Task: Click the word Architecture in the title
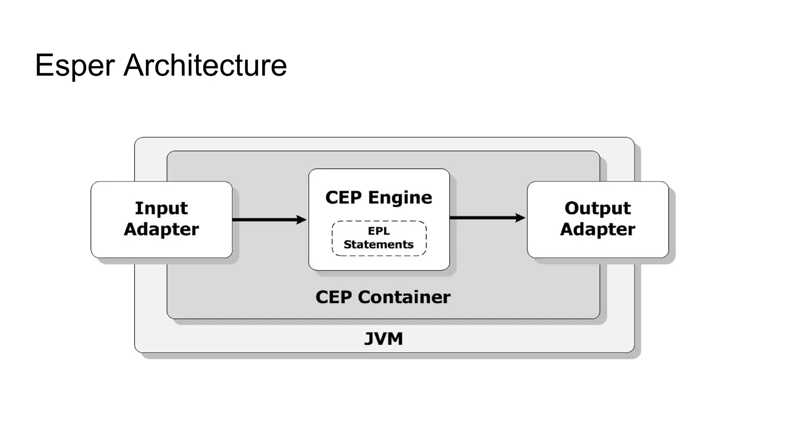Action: point(205,65)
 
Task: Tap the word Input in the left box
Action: point(161,208)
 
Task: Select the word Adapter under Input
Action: point(161,229)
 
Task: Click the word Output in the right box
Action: point(597,208)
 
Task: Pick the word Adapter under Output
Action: point(597,229)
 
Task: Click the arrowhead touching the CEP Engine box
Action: point(301,220)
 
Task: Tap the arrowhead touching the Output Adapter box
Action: point(521,218)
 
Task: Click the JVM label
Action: point(383,339)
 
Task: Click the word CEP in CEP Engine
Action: point(343,197)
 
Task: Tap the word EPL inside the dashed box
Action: point(379,231)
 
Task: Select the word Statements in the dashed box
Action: point(379,245)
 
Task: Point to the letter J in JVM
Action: point(370,339)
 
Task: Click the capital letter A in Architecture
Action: point(133,65)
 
